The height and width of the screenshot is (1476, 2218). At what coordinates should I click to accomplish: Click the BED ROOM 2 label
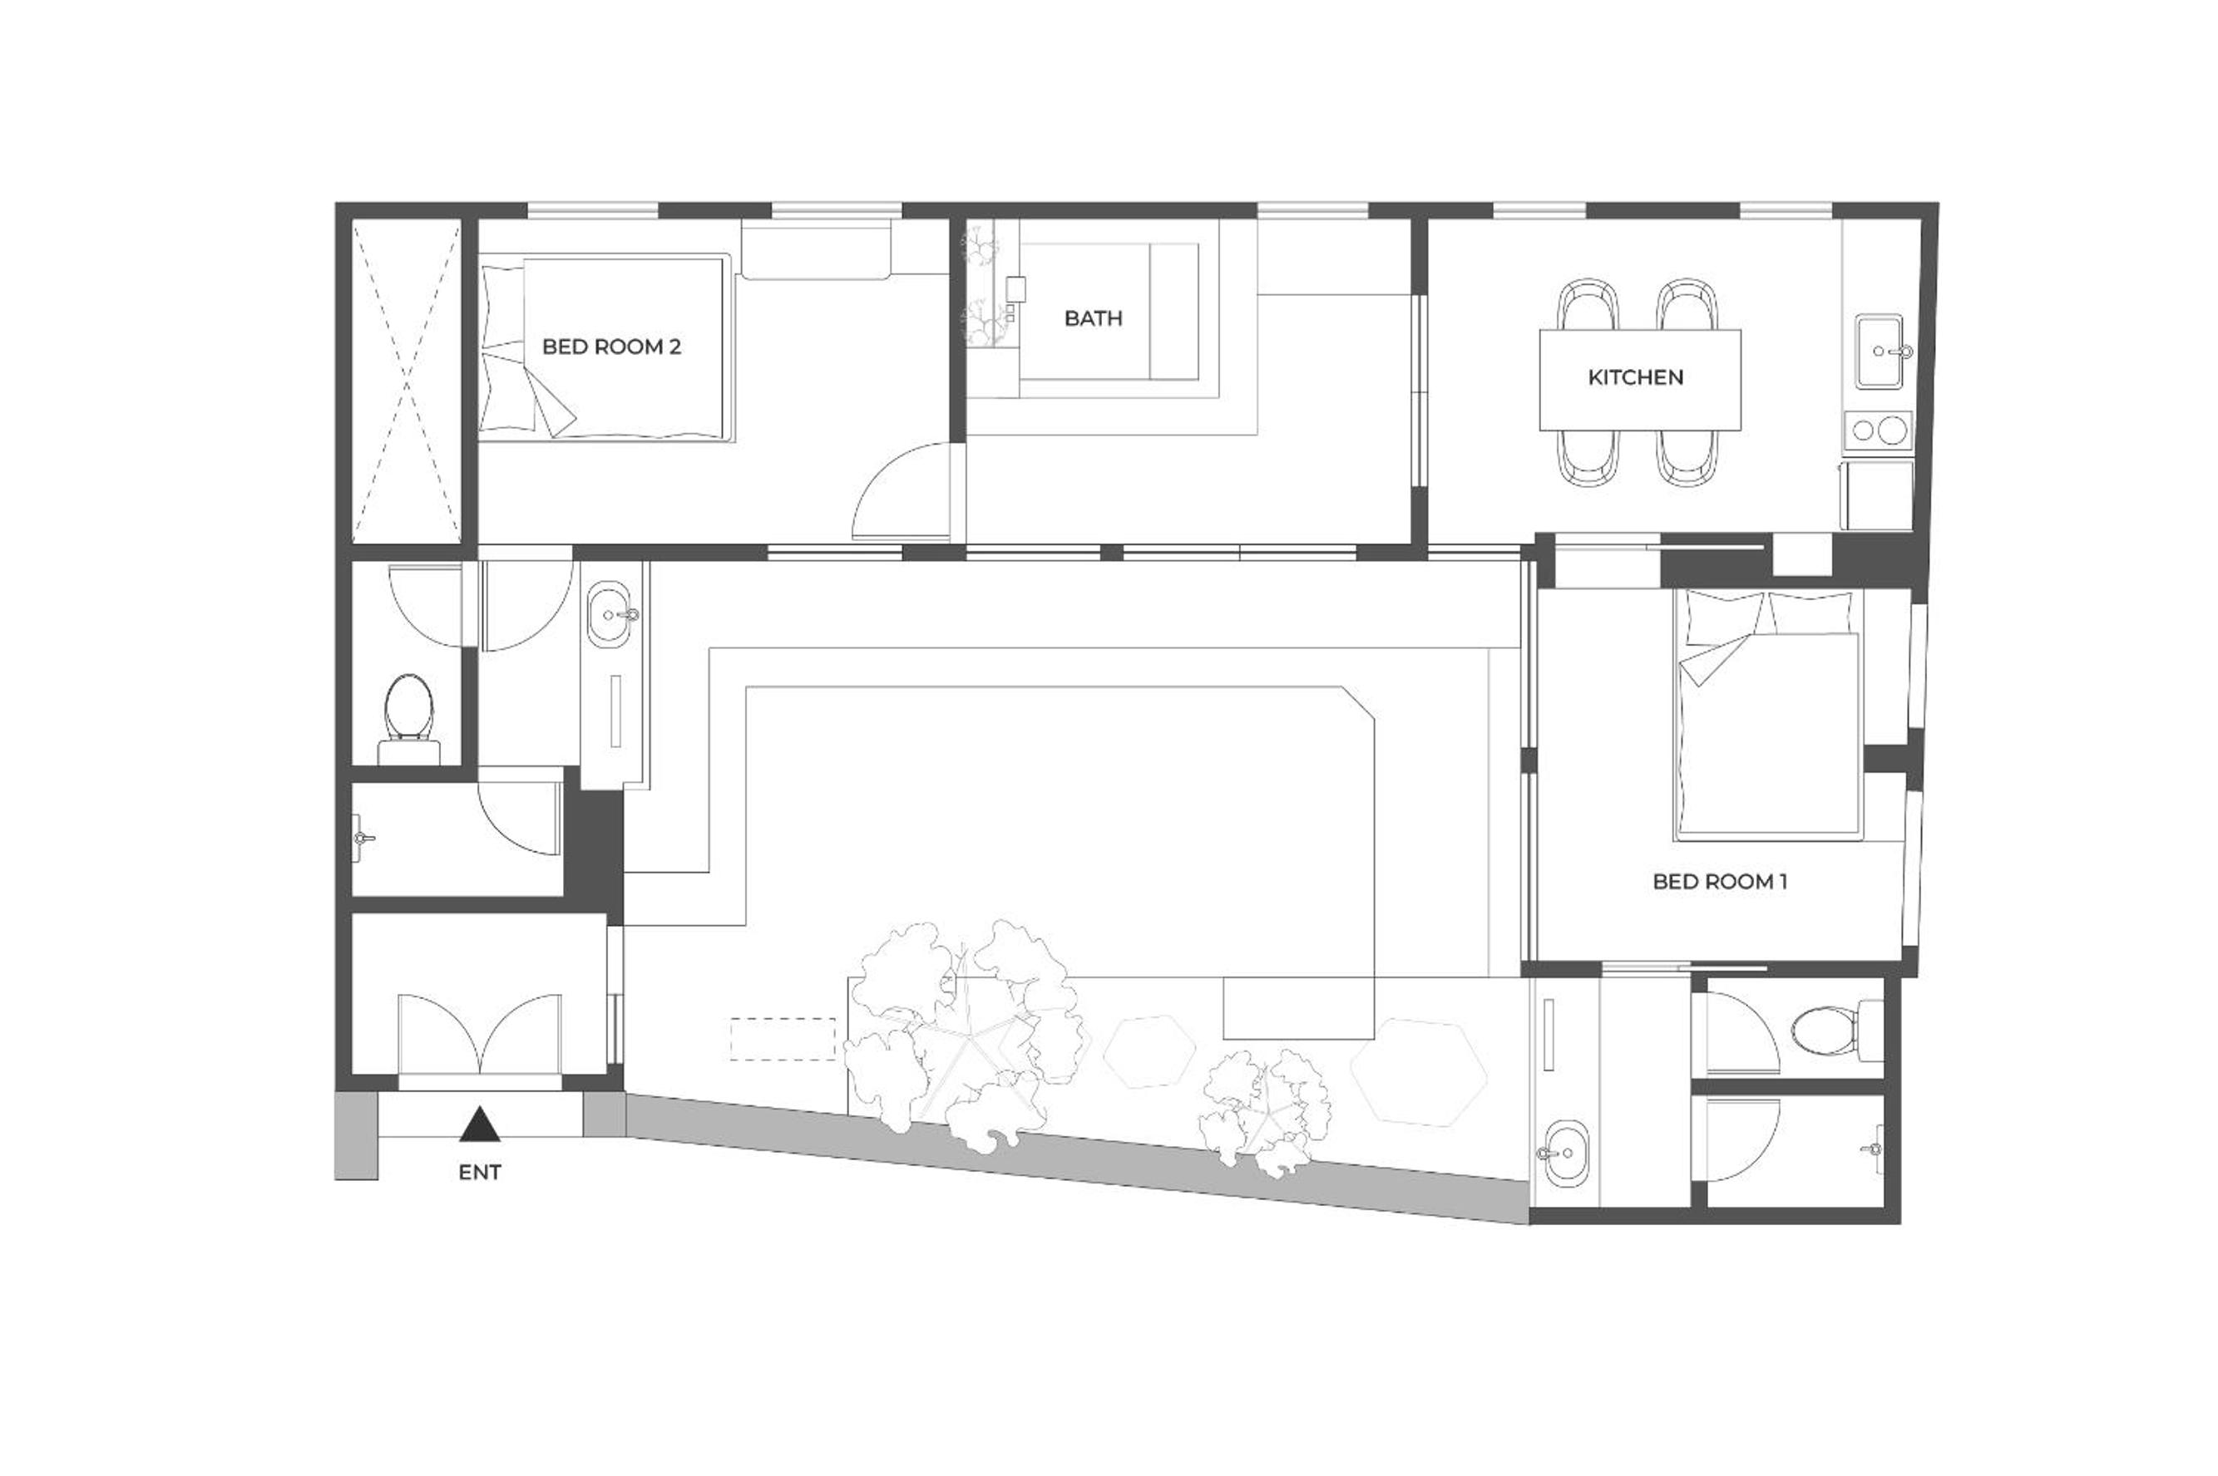611,347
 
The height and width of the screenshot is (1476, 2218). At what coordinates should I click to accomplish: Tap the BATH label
1093,318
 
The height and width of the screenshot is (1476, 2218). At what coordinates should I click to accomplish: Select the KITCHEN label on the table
1635,377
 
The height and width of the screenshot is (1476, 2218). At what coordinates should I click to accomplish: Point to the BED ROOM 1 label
1720,881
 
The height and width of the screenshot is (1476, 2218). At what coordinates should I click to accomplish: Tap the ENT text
479,1173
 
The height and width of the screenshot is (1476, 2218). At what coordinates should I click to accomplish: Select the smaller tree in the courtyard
1265,1116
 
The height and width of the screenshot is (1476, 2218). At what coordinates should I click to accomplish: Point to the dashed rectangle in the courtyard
783,1039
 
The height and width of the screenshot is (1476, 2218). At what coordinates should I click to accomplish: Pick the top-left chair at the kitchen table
1589,304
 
